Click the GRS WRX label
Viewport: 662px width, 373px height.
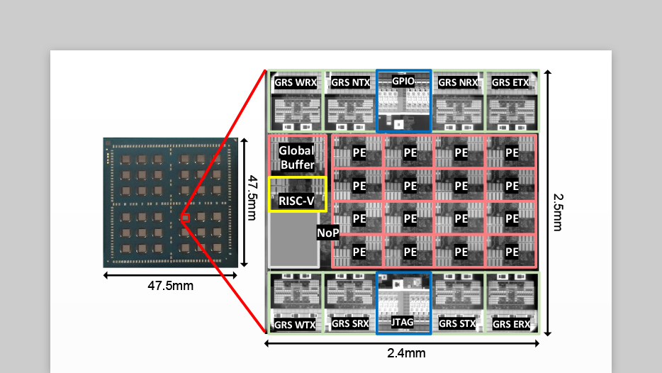[x=296, y=83]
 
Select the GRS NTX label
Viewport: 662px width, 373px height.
[x=350, y=83]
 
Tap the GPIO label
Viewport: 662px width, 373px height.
[x=403, y=82]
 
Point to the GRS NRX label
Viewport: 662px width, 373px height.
[x=457, y=83]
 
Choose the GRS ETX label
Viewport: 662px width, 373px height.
[x=510, y=83]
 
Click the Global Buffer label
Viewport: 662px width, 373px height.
[x=296, y=157]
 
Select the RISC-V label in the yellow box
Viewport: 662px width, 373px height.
[x=296, y=201]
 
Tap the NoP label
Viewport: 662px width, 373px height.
[x=327, y=233]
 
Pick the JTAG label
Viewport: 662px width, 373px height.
[x=403, y=323]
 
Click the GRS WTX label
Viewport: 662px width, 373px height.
[x=296, y=325]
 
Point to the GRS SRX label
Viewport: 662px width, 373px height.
[x=350, y=325]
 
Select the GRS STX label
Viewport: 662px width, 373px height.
[x=457, y=325]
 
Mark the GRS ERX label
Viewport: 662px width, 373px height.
[x=510, y=325]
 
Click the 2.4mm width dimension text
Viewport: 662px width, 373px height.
[x=405, y=353]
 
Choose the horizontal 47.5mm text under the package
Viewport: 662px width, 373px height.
[x=170, y=286]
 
